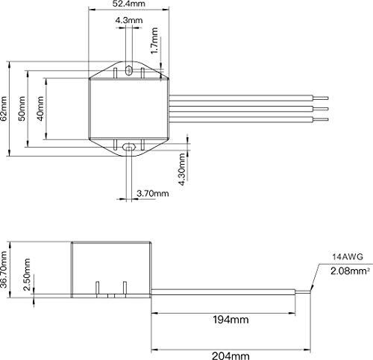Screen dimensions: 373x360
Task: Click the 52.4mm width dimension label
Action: point(128,4)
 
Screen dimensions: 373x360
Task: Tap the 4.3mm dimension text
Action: point(129,20)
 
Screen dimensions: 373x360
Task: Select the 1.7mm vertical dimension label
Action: point(154,40)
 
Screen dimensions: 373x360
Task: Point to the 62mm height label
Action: point(4,109)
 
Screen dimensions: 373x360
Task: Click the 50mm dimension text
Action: point(22,109)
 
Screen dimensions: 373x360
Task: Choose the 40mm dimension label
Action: point(40,109)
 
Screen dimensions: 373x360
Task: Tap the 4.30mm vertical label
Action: point(182,169)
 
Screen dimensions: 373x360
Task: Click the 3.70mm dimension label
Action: point(153,193)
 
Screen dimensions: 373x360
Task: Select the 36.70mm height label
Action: point(4,270)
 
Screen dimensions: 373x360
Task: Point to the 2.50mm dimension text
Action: point(27,274)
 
